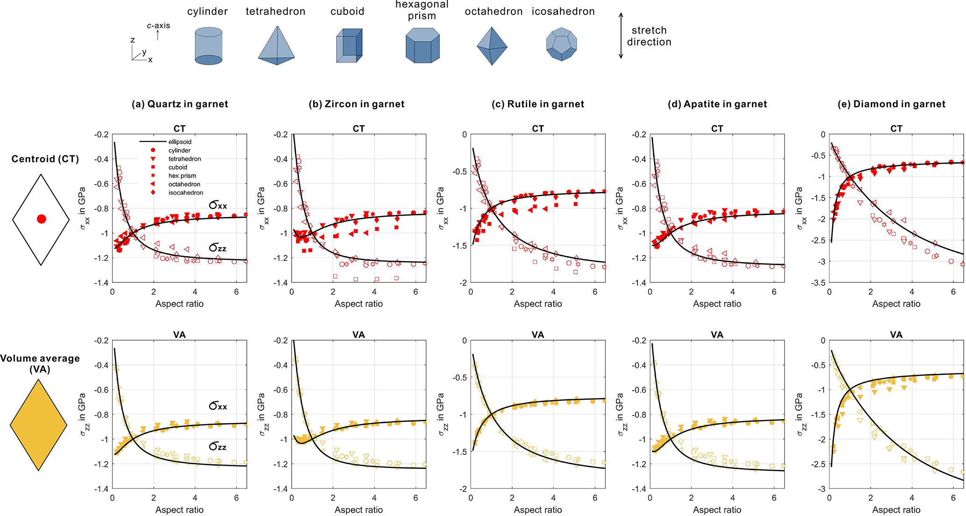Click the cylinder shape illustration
click(x=208, y=46)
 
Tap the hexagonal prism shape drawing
click(x=422, y=45)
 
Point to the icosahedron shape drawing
click(x=561, y=44)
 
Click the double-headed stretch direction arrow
click(x=621, y=36)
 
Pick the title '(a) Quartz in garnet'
click(x=180, y=104)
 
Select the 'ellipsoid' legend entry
click(x=179, y=142)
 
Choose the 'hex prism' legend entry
click(x=182, y=176)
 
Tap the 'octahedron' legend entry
click(x=184, y=184)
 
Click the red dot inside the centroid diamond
click(x=41, y=219)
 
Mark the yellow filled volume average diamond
click(x=38, y=425)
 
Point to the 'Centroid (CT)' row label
click(x=45, y=159)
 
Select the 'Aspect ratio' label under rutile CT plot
click(x=538, y=304)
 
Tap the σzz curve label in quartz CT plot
click(x=218, y=248)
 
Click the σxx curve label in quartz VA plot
click(x=218, y=406)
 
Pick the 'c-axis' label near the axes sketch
click(x=158, y=26)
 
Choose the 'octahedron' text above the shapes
click(x=494, y=12)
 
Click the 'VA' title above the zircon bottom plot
click(x=358, y=335)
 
